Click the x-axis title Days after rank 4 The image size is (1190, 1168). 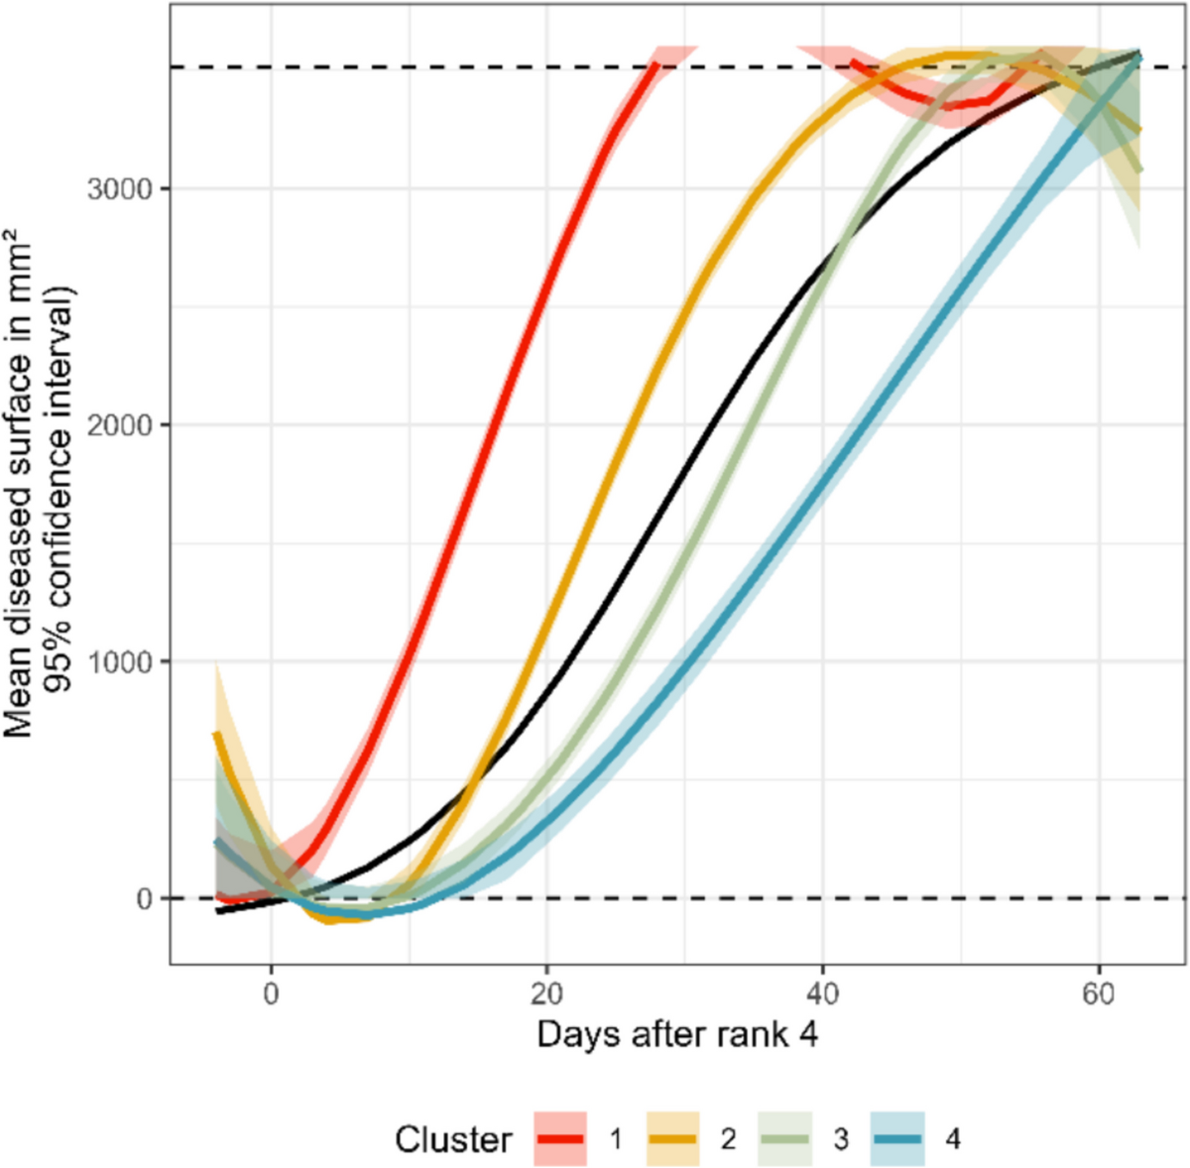tap(678, 1034)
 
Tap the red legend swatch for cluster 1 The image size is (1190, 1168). tap(560, 1138)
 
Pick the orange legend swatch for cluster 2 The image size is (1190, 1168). tap(672, 1138)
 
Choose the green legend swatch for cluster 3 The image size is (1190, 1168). tap(784, 1138)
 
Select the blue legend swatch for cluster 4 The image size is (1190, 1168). tap(896, 1138)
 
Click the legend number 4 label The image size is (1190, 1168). tap(953, 1139)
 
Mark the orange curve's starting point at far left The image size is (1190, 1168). tap(216, 734)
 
